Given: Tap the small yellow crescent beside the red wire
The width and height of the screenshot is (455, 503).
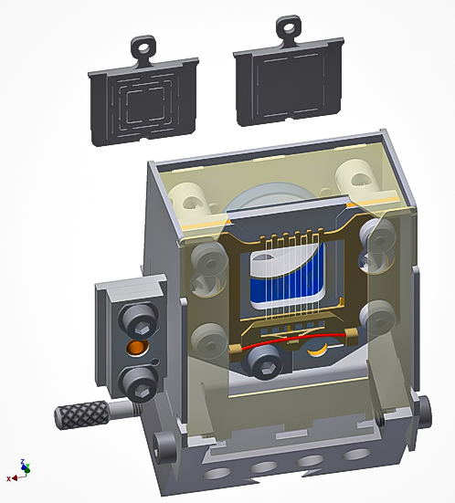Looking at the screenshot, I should [320, 349].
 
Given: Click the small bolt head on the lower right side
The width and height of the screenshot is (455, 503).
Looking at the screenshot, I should [422, 412].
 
